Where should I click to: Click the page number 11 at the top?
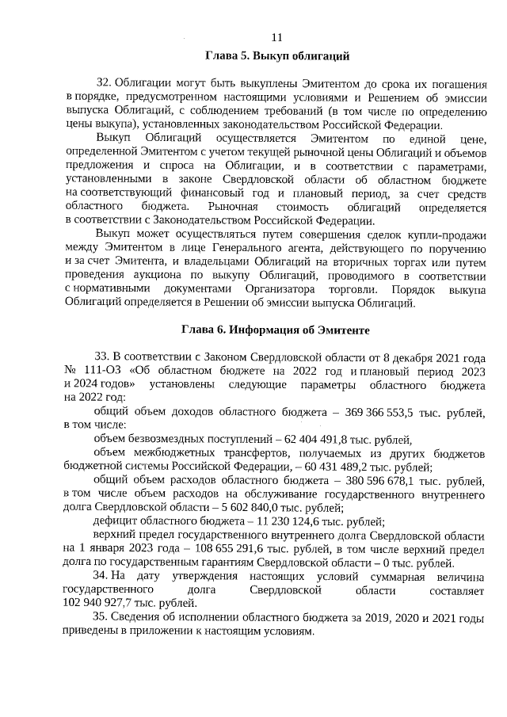[x=277, y=38]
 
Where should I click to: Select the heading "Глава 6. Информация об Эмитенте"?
[x=277, y=329]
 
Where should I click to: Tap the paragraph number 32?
[x=102, y=83]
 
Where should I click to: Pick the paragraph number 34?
[x=101, y=574]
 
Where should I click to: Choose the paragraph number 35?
[x=101, y=617]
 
